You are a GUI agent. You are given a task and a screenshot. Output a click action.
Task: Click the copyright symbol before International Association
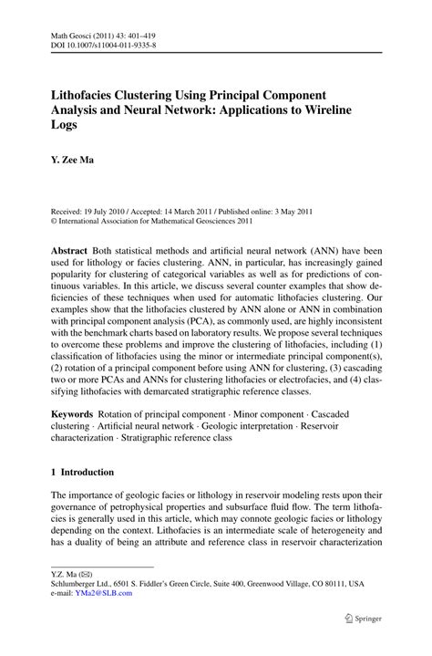(54, 219)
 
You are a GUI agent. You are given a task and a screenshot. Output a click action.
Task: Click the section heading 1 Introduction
(82, 472)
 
